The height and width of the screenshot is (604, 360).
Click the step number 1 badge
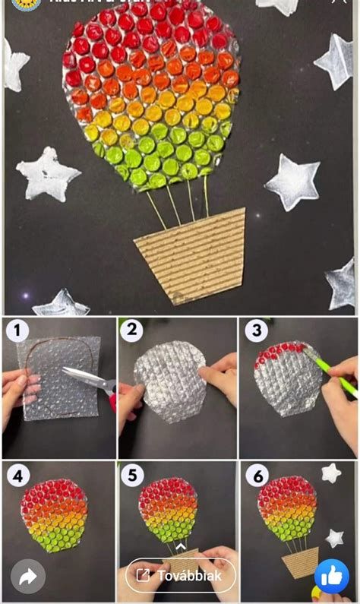pos(17,330)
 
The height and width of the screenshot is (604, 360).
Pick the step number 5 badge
pos(133,476)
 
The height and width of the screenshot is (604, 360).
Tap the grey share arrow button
pos(28,577)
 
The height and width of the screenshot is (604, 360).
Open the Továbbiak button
pos(181,575)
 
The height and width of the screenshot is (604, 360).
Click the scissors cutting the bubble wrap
pos(87,378)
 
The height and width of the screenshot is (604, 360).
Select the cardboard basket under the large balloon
pos(190,255)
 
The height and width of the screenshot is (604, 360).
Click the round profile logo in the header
pos(26,4)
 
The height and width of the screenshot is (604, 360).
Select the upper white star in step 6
pos(330,473)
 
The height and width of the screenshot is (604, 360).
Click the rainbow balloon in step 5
pos(169,508)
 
